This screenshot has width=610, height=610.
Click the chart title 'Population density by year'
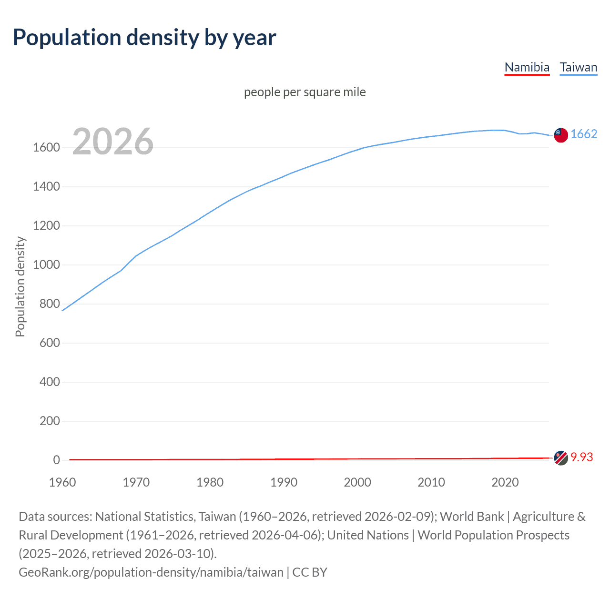click(144, 38)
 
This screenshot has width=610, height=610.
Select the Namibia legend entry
click(527, 67)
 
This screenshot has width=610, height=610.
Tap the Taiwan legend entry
click(579, 67)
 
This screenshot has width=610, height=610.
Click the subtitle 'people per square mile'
click(305, 92)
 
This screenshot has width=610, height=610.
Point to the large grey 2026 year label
click(113, 142)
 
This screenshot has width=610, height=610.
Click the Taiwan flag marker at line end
click(561, 135)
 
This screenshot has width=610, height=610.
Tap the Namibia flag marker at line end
click(561, 458)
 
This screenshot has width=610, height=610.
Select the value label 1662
click(584, 134)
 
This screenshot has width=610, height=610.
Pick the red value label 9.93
click(582, 457)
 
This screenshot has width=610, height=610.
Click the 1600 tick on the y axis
click(46, 148)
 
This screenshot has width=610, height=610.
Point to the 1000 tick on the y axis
click(46, 265)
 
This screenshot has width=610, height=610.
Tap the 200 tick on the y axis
click(50, 421)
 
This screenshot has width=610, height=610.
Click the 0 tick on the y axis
click(57, 460)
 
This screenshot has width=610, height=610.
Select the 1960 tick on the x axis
click(62, 482)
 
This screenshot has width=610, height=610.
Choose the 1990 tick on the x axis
click(284, 482)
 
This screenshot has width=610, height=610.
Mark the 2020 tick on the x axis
click(505, 482)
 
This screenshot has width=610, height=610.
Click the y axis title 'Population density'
click(20, 287)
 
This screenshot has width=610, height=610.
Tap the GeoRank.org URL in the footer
click(151, 572)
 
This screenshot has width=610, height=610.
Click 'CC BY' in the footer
click(310, 572)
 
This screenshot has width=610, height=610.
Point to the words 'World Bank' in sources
click(471, 517)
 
